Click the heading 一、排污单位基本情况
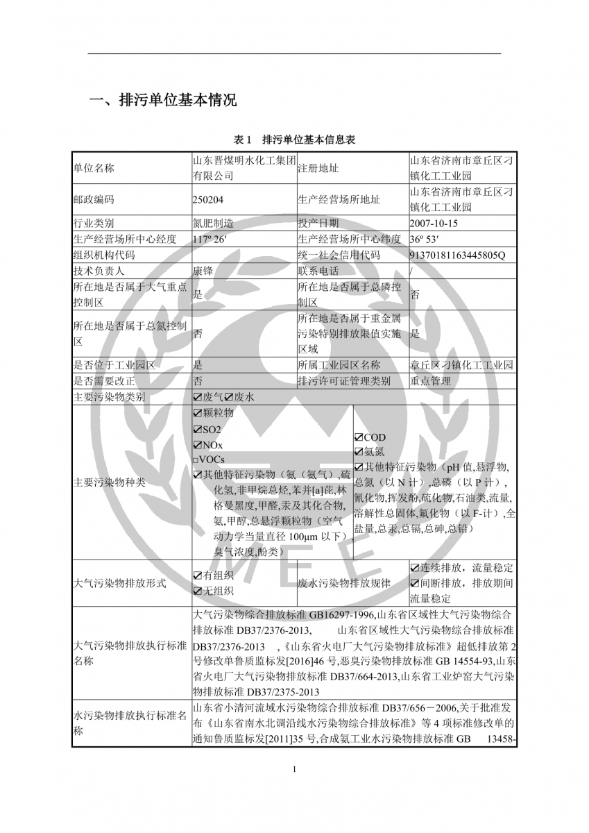coord(163,100)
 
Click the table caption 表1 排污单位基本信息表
coord(295,140)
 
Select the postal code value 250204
coord(208,199)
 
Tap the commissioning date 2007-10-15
coord(434,224)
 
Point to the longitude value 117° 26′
coord(210,239)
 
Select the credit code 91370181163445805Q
coord(458,255)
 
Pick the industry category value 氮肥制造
coord(213,224)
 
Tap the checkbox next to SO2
coord(197,429)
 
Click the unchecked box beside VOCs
coord(196,460)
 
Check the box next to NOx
coord(197,445)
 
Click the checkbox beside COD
coord(359,438)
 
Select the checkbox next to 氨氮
coord(359,452)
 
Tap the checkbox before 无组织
coord(197,591)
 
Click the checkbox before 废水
coord(229,397)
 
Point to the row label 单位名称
coord(94,168)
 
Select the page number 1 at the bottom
coord(295,768)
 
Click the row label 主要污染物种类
coord(109,482)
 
